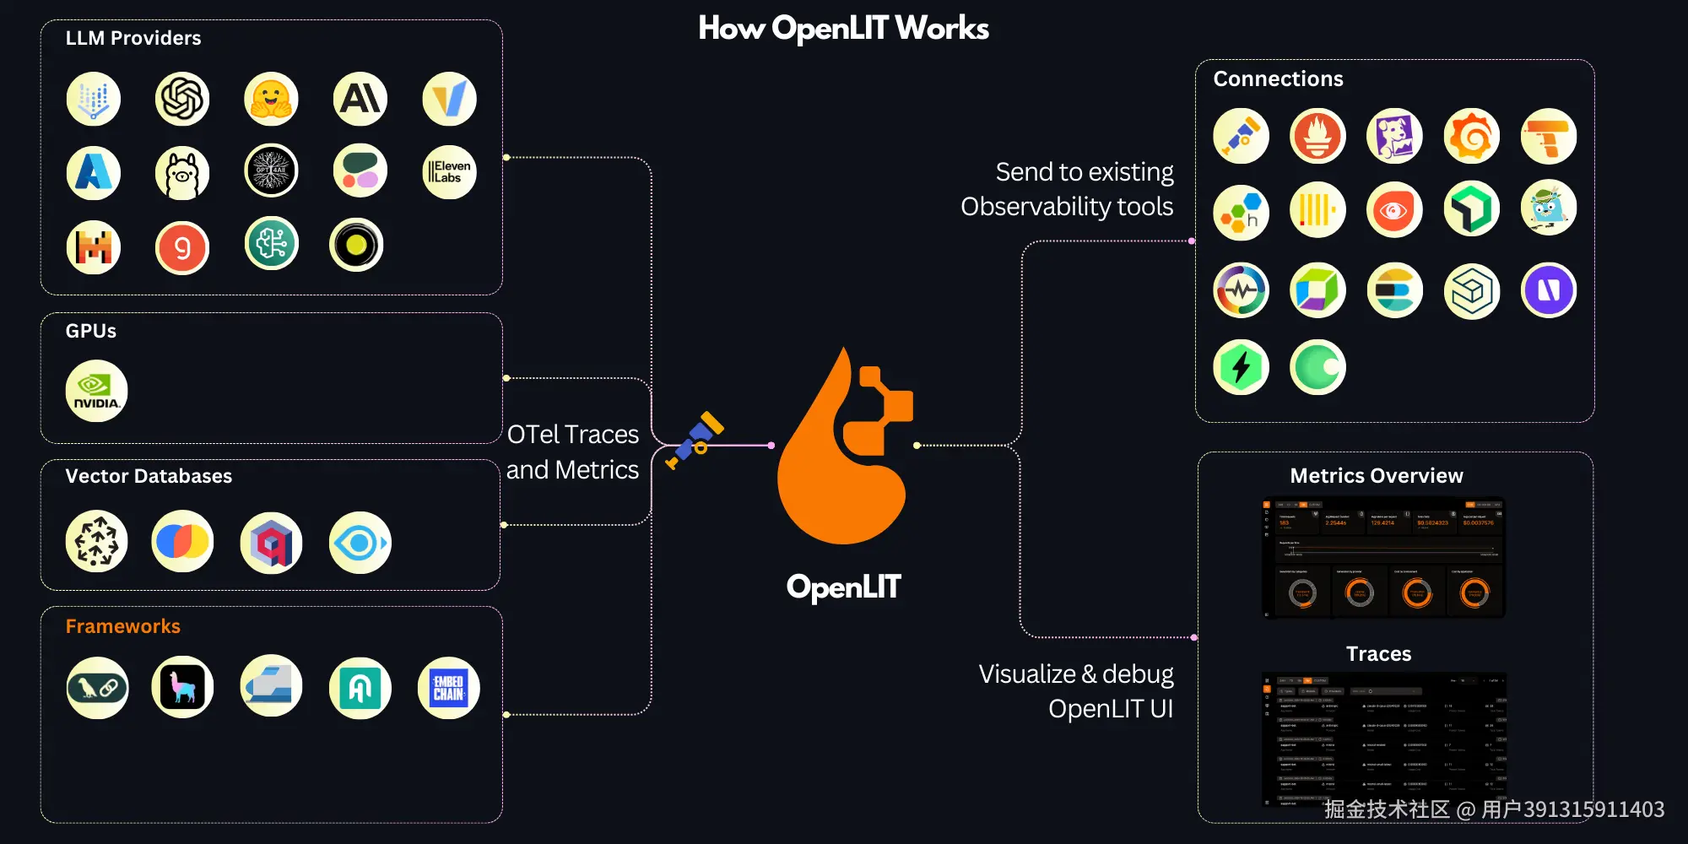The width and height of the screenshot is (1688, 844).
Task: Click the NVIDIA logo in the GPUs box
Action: click(x=96, y=391)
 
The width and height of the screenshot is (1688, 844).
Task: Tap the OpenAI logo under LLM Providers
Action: click(x=182, y=99)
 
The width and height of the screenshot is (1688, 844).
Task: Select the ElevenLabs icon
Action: click(x=449, y=171)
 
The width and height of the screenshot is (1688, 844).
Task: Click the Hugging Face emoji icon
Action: click(x=271, y=99)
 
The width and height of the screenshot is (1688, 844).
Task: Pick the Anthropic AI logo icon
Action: click(x=360, y=99)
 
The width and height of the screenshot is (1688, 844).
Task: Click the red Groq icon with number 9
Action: click(x=182, y=248)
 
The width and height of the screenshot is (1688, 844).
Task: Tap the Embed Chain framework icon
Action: click(x=449, y=688)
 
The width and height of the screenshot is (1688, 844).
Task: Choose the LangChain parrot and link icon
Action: click(x=97, y=688)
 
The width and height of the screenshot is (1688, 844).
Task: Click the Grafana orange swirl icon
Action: click(x=1471, y=136)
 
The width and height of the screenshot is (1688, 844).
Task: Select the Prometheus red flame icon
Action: click(x=1317, y=136)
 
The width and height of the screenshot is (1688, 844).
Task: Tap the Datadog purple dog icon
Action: click(x=1394, y=136)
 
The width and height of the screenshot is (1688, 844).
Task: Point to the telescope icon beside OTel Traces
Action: click(x=695, y=440)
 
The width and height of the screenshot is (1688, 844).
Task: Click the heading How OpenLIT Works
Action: click(x=843, y=28)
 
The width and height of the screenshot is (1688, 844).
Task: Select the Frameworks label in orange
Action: click(x=123, y=626)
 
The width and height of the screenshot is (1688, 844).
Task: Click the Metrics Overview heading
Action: click(x=1377, y=476)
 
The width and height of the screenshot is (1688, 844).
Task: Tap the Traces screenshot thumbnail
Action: click(x=1384, y=738)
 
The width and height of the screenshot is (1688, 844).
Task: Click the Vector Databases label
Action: click(x=149, y=476)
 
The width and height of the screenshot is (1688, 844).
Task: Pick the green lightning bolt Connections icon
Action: click(x=1241, y=367)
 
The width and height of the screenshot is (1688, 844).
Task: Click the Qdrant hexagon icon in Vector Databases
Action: click(x=271, y=543)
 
